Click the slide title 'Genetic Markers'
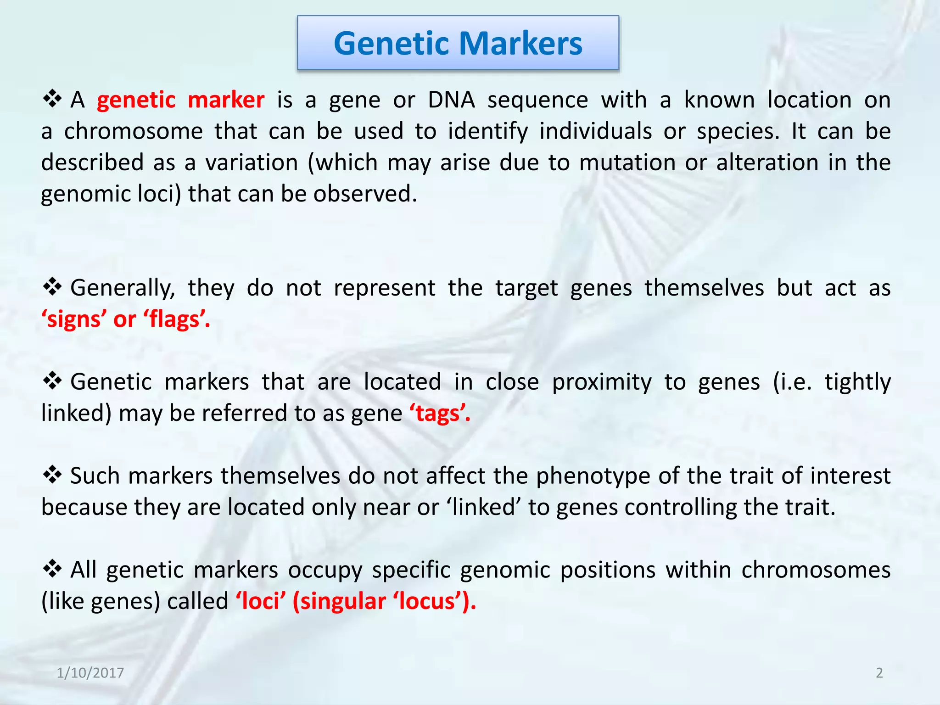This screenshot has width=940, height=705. (458, 43)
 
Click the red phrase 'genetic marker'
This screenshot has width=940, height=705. (180, 100)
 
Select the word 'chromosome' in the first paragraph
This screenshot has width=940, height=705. (133, 131)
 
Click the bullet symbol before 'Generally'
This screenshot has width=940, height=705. (52, 287)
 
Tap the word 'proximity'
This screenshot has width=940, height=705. (601, 382)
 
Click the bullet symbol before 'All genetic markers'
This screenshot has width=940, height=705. (52, 570)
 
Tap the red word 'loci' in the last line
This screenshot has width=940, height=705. (261, 601)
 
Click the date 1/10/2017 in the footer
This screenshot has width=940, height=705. (90, 673)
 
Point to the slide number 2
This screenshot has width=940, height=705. (879, 673)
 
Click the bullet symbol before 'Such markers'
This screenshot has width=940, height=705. (52, 476)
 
